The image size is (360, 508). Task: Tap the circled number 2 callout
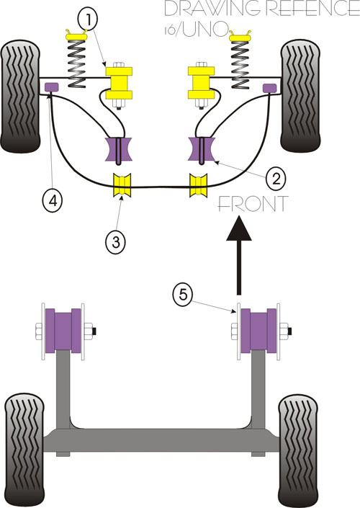[276, 178]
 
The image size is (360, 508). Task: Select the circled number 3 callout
[116, 241]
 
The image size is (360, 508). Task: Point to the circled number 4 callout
[53, 201]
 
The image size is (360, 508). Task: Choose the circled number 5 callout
[183, 295]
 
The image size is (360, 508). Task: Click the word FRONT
[253, 204]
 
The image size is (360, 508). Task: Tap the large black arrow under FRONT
[239, 256]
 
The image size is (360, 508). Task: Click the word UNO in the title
[205, 30]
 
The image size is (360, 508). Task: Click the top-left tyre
[20, 96]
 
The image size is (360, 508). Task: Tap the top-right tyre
[301, 96]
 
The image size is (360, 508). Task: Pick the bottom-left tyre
[24, 450]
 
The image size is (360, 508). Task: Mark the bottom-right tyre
[298, 450]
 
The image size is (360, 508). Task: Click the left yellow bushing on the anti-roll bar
[122, 185]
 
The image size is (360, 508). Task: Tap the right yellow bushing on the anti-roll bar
[198, 185]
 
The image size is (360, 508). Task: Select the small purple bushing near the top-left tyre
[51, 86]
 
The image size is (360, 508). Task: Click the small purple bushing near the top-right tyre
[270, 88]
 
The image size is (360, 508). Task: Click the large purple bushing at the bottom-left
[63, 331]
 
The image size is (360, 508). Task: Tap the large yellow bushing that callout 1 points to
[120, 83]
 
